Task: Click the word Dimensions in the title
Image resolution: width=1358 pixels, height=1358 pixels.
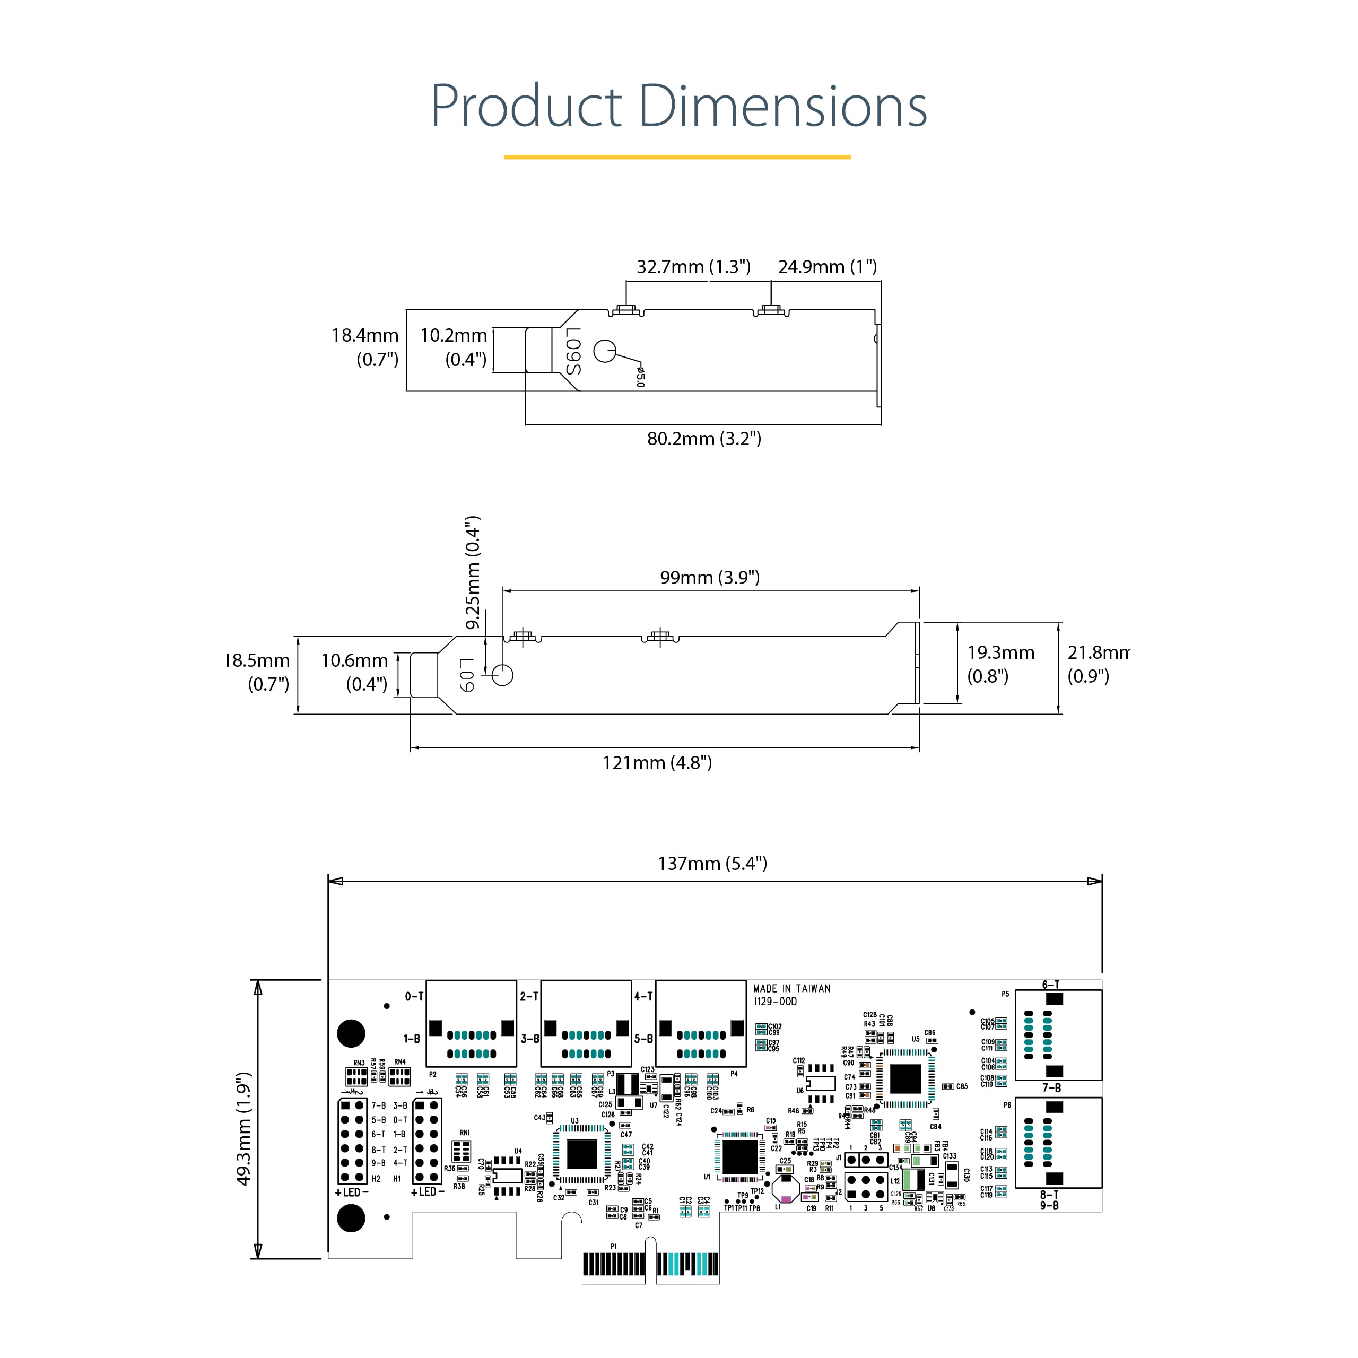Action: coord(782,106)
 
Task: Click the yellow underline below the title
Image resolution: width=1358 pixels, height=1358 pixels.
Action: coord(677,156)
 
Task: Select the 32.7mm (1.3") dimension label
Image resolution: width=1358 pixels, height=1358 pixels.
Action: coord(693,267)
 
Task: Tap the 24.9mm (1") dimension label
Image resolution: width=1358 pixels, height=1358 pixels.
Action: coord(828,267)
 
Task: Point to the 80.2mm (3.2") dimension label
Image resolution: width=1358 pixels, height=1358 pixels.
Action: coord(703,439)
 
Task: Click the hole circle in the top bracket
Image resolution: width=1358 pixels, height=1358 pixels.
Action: coord(605,350)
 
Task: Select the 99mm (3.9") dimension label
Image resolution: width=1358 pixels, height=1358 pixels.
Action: coord(709,578)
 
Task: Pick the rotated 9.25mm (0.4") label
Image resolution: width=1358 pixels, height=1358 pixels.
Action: coord(473,572)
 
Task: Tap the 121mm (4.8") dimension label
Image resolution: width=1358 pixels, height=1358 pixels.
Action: coord(657,763)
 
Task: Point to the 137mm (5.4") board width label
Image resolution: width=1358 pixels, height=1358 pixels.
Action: coord(712,863)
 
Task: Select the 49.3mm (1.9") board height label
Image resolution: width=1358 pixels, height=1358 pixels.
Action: coord(243,1129)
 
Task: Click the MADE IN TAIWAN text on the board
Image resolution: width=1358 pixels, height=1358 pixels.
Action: coord(791,988)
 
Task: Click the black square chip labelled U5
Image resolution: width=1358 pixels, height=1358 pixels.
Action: coord(906,1078)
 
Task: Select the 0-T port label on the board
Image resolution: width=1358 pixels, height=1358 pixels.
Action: coord(414,996)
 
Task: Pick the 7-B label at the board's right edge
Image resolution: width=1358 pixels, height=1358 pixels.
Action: coord(1051,1087)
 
